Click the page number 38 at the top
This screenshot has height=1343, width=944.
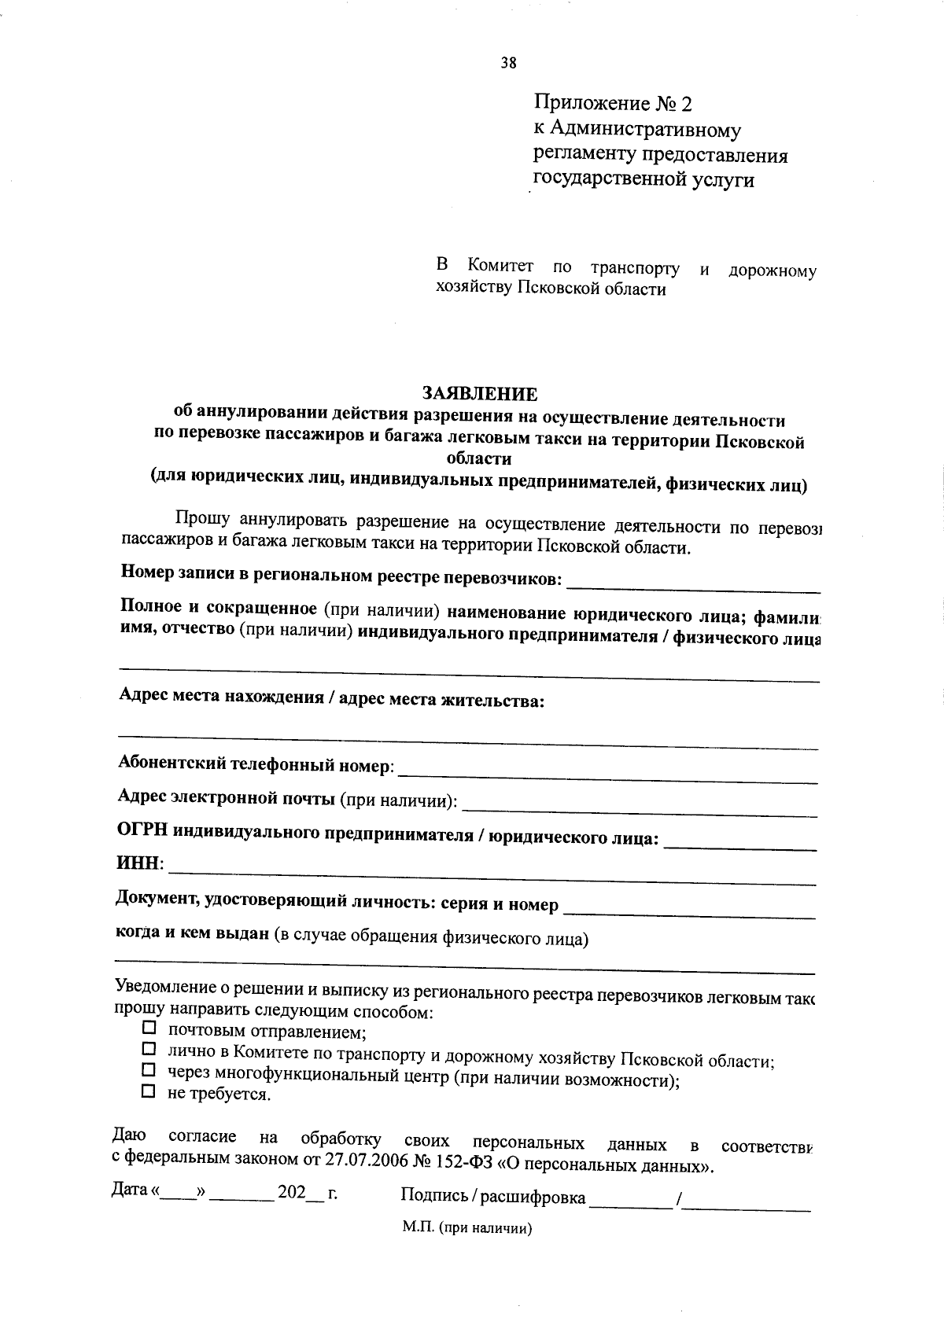pyautogui.click(x=508, y=64)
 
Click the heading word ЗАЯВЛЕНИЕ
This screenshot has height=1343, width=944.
pyautogui.click(x=480, y=393)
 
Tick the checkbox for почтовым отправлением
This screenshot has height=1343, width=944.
pyautogui.click(x=149, y=1028)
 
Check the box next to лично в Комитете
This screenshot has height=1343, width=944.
pyautogui.click(x=149, y=1049)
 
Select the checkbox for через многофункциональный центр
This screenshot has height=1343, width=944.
pyautogui.click(x=149, y=1070)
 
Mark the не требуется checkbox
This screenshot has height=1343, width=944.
pyautogui.click(x=149, y=1091)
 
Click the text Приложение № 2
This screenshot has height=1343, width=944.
pyautogui.click(x=613, y=103)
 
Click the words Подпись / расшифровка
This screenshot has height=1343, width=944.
pyautogui.click(x=492, y=1197)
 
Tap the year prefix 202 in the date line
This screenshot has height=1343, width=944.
pyautogui.click(x=291, y=1192)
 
